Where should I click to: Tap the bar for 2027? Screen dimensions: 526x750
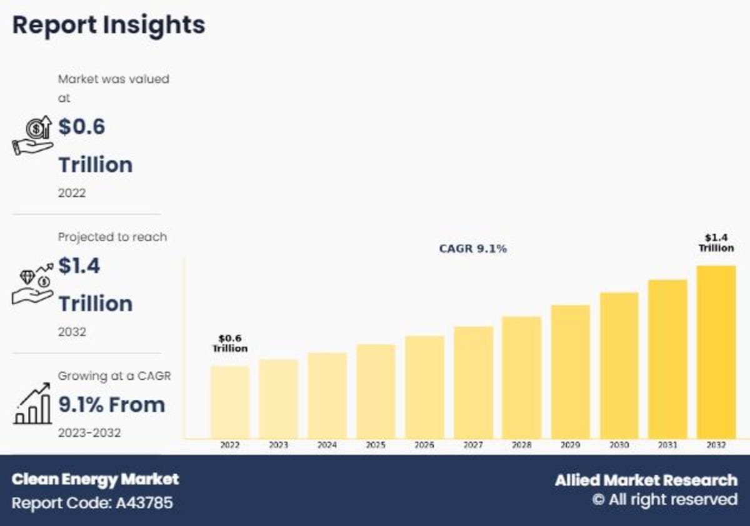(473, 382)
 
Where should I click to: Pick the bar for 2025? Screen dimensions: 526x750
(376, 391)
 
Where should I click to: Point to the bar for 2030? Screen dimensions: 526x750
(619, 365)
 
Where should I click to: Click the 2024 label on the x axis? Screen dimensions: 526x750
(327, 445)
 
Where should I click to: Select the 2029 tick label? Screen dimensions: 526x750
(570, 445)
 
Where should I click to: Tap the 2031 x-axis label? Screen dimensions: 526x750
(667, 445)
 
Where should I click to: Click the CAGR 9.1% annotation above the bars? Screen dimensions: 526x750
(472, 249)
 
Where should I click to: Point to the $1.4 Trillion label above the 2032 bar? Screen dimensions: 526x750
(716, 243)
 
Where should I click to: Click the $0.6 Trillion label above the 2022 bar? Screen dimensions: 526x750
(230, 344)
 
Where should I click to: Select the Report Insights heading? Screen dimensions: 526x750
(109, 25)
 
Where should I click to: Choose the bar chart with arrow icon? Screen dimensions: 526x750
(32, 405)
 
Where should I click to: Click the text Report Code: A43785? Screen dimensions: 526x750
(92, 503)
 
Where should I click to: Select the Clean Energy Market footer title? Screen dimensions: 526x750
(95, 480)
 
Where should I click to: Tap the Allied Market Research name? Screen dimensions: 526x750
(646, 480)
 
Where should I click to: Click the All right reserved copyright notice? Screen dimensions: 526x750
(664, 500)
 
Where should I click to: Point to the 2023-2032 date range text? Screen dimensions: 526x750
(89, 433)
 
